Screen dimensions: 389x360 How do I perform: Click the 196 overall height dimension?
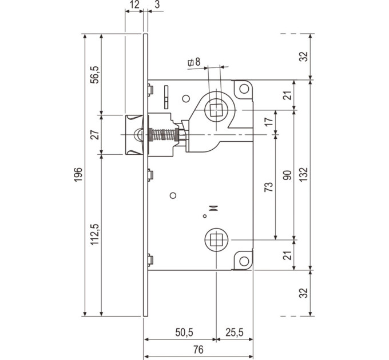tap(78, 174)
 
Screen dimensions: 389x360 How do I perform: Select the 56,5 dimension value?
tap(94, 75)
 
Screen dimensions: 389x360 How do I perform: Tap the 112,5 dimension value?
tap(94, 234)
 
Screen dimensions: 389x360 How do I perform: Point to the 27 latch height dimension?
tap(94, 134)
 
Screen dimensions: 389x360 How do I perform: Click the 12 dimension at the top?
tap(134, 5)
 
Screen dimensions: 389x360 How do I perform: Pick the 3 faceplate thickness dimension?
tap(157, 5)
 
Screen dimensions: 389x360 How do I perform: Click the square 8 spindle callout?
tap(194, 62)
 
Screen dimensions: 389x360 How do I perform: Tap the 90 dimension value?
tap(287, 175)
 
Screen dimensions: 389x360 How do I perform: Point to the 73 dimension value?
tap(269, 187)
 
